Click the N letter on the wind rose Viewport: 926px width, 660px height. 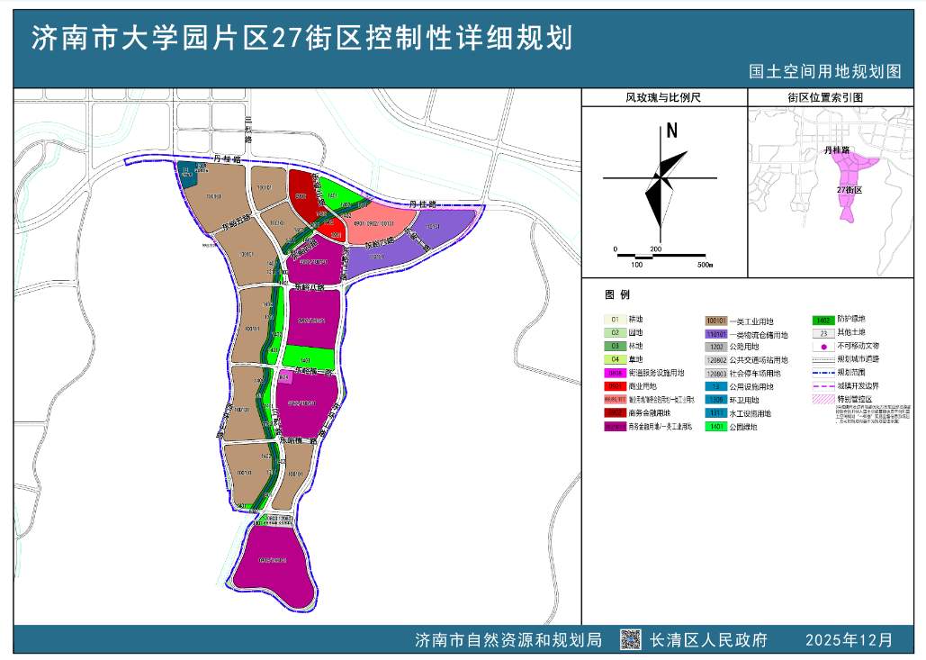[671, 131]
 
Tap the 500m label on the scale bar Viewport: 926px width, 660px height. [704, 265]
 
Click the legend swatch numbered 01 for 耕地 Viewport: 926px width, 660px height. [616, 320]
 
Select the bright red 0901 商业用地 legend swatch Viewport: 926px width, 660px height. [616, 385]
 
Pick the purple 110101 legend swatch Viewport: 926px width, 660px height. [716, 334]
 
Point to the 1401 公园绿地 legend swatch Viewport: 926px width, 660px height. [716, 428]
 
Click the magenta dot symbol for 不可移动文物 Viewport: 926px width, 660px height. [823, 346]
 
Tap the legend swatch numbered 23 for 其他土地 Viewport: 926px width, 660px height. [823, 332]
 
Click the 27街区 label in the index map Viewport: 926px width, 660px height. [850, 191]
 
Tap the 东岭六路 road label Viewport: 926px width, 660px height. [374, 242]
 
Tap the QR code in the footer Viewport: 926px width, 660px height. [630, 639]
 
